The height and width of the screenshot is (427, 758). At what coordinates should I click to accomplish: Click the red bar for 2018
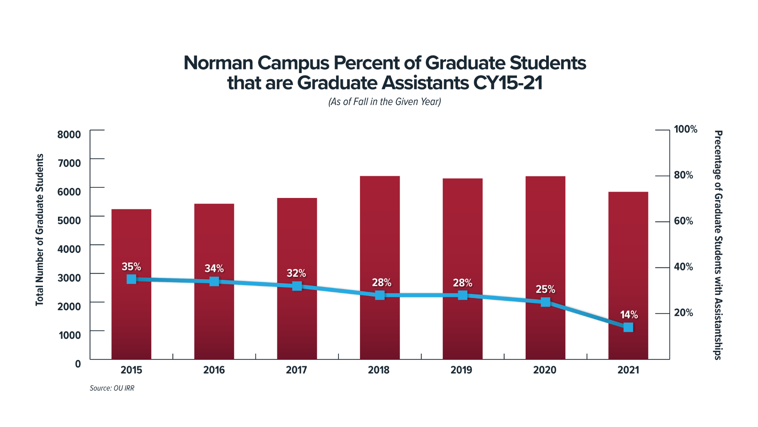(x=380, y=235)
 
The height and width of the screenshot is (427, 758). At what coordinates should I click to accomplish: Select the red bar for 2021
(x=628, y=258)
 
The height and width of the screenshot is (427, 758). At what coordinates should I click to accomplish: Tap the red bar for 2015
(x=131, y=243)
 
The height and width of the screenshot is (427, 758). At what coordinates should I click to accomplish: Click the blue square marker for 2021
(x=628, y=327)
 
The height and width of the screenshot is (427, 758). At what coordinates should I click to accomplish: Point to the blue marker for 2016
(x=214, y=281)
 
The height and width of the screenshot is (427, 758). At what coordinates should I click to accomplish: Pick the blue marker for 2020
(x=545, y=302)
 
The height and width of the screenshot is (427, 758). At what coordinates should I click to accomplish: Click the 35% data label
(x=131, y=267)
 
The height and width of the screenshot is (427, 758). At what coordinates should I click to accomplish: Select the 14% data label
(x=629, y=315)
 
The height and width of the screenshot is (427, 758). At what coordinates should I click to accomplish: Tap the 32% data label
(x=296, y=273)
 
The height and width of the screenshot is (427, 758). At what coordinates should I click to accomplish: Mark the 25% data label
(x=545, y=289)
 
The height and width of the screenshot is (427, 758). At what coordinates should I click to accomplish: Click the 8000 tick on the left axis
(x=69, y=134)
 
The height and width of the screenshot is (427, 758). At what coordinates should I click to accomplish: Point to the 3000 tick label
(x=69, y=278)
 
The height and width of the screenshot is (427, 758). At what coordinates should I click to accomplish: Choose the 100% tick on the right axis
(x=686, y=129)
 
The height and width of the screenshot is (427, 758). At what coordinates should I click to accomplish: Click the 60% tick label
(x=683, y=221)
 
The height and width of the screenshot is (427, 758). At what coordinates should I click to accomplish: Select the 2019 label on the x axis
(x=461, y=370)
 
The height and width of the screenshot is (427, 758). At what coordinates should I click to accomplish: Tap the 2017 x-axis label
(x=296, y=370)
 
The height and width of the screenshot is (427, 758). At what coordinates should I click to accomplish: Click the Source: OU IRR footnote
(x=112, y=388)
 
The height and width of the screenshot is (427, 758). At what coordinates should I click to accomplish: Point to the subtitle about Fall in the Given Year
(x=384, y=102)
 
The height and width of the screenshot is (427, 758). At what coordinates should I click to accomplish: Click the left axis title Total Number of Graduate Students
(x=39, y=229)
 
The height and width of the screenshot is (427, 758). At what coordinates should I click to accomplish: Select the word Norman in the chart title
(x=218, y=63)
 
